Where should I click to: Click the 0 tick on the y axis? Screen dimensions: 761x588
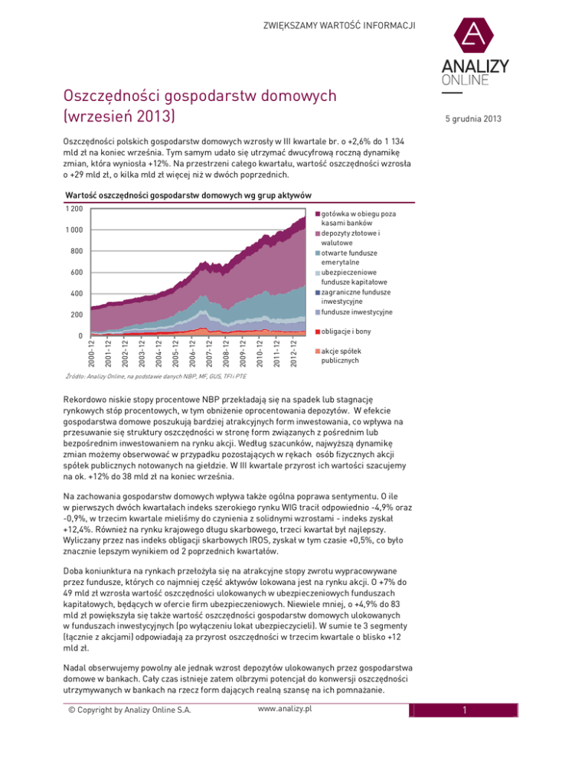coord(80,336)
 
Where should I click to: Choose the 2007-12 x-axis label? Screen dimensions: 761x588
coord(207,353)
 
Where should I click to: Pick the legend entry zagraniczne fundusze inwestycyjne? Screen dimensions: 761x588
coord(354,297)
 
